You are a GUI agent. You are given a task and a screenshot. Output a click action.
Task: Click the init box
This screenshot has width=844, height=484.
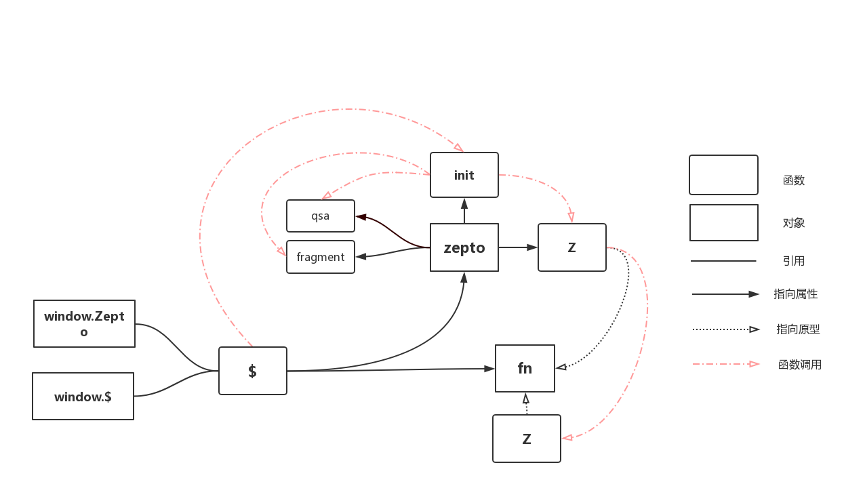pos(464,175)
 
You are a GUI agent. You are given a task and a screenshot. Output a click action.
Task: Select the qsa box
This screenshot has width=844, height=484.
pos(321,216)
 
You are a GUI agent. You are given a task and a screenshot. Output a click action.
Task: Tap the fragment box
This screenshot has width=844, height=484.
pos(321,257)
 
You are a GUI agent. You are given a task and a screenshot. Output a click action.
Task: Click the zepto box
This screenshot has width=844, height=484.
pos(464,247)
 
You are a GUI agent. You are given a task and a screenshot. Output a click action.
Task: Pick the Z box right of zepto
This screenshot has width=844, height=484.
pos(571,247)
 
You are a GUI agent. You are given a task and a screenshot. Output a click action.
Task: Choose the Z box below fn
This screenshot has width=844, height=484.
pos(527,439)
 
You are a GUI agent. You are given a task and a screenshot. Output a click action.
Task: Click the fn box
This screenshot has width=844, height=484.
pos(525,368)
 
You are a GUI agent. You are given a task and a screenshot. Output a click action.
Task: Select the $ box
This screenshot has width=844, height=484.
pos(253,371)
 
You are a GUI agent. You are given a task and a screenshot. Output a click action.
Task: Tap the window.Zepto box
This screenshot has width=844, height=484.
pos(84,324)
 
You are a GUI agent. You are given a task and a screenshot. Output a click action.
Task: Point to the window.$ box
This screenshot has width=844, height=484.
pos(83,397)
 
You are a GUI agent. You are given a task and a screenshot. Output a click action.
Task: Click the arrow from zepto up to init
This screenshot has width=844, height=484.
pos(464,211)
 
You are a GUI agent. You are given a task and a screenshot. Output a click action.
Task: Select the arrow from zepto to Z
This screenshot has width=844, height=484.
pos(518,247)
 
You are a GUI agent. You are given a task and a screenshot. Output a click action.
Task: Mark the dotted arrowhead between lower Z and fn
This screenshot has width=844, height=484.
pos(525,399)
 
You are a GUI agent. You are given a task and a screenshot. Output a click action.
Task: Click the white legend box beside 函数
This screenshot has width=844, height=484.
pos(723,175)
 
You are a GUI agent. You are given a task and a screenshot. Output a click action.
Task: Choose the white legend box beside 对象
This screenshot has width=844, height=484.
pos(723,223)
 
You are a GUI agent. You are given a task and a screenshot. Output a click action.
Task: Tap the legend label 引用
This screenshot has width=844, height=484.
pos(793,261)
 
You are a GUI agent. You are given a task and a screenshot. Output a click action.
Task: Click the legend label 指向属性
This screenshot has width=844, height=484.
pos(796,294)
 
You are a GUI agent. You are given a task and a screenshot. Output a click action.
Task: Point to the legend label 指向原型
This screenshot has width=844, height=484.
pos(798,329)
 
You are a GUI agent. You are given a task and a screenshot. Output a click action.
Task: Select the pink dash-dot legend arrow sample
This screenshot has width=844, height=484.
pos(726,364)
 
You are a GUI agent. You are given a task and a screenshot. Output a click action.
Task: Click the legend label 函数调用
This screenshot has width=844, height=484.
pos(800,365)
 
